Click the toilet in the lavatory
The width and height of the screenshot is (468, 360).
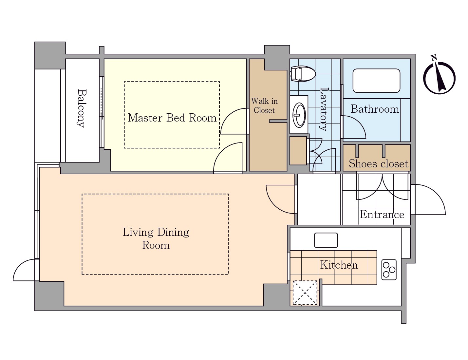point(302,74)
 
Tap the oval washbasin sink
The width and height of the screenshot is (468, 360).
point(299,115)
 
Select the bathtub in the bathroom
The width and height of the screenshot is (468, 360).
point(376,81)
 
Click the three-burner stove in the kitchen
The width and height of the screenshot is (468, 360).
point(389,270)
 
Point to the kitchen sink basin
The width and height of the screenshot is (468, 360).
point(326,240)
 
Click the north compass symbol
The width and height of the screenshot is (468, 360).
point(440,78)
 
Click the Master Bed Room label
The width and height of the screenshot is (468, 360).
point(172,118)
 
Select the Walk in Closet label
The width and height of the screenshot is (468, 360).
point(264,105)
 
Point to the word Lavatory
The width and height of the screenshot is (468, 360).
point(324,109)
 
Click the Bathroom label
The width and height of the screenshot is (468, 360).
point(375,109)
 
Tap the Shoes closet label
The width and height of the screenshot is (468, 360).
point(378,164)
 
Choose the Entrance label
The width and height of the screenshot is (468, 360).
point(382,214)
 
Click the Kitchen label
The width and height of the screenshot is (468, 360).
point(339,265)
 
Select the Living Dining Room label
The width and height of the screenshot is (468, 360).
point(156,238)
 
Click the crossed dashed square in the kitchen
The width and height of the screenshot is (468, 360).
point(305,293)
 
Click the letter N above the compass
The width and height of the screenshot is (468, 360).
point(434,57)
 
